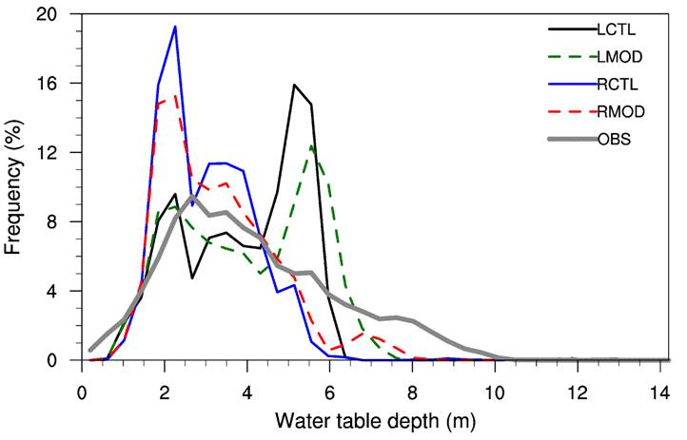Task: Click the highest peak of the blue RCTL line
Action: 175,27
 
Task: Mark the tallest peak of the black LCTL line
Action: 295,86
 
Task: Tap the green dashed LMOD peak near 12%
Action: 311,145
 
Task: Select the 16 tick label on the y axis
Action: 46,84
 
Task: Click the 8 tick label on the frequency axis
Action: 51,221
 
